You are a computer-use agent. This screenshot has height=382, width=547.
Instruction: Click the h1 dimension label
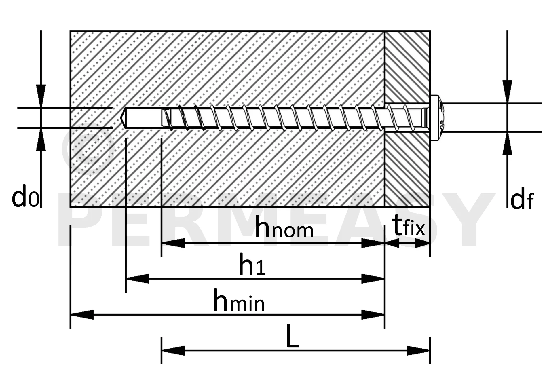pos(252,266)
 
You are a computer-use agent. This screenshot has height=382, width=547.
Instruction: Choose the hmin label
pos(239,301)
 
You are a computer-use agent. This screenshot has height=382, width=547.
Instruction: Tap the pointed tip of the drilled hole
pos(120,118)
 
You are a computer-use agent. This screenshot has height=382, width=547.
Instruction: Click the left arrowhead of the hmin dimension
pos(82,315)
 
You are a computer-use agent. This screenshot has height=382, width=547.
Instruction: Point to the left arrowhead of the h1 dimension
pos(137,279)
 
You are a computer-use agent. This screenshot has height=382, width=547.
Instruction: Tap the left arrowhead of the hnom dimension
pos(173,243)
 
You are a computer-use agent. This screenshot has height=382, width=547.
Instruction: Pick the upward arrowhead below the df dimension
pos(507,143)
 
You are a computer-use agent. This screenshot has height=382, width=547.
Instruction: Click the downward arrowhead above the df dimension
pos(507,92)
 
